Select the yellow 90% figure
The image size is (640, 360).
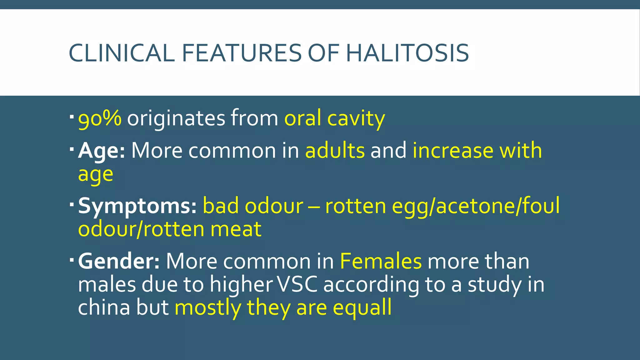pos(100,119)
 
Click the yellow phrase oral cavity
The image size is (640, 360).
pos(334,119)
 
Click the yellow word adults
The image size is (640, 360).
pos(335,151)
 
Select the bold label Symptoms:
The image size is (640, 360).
pos(137,206)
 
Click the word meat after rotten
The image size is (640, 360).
pos(236,229)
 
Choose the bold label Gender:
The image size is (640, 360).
pos(119,261)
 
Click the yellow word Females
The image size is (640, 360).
pos(381,261)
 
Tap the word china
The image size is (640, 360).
pos(104,307)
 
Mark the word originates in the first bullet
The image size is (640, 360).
pos(176,119)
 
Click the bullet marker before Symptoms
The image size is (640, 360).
pos(72,204)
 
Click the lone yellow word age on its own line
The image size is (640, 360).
pos(95,174)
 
